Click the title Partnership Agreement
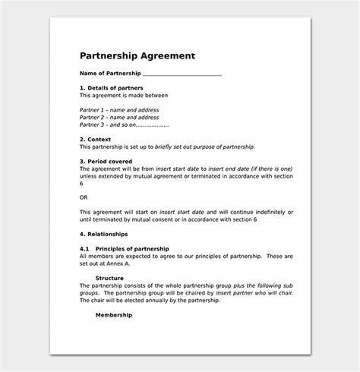137,55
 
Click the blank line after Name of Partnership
182,74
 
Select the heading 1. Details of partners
112,89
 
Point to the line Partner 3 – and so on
124,125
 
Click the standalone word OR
84,197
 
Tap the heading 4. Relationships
104,233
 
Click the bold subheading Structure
110,277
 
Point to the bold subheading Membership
114,314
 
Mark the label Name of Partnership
110,74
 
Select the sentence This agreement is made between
124,96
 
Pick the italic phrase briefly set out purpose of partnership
213,147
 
